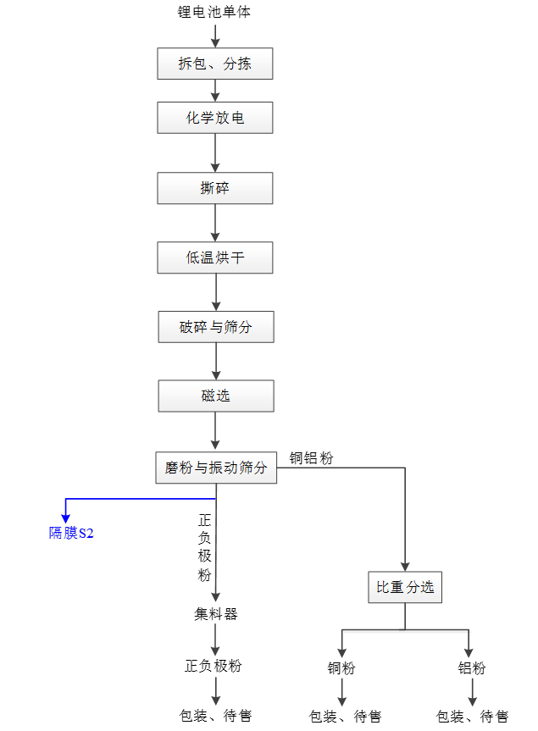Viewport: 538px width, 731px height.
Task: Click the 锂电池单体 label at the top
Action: [x=214, y=12]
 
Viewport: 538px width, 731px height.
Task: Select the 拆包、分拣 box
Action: [x=215, y=64]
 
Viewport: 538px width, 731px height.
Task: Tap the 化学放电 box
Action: [x=215, y=118]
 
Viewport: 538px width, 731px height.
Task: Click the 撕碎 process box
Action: [x=215, y=188]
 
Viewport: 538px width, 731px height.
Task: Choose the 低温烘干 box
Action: [x=215, y=258]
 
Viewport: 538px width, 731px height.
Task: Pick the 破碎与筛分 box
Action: [x=216, y=327]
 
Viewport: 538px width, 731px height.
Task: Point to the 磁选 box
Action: [x=216, y=396]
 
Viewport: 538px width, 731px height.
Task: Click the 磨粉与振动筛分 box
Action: [x=216, y=468]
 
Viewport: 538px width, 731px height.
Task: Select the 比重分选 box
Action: [x=405, y=587]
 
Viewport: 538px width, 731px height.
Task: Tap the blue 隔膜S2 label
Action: [x=71, y=533]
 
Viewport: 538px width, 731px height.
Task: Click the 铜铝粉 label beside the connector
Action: [x=312, y=458]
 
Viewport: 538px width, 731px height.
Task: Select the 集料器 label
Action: [x=216, y=614]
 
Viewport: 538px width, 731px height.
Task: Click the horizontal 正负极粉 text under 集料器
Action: [x=214, y=666]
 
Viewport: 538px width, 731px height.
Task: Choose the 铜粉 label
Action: [x=341, y=668]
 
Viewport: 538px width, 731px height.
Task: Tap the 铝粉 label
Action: [x=472, y=668]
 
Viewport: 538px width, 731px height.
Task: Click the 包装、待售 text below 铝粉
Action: [x=472, y=717]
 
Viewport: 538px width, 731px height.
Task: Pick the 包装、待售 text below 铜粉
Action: [x=345, y=717]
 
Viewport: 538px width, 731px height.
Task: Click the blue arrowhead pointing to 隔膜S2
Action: [x=66, y=517]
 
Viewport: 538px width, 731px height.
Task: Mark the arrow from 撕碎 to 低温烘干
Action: [x=216, y=223]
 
